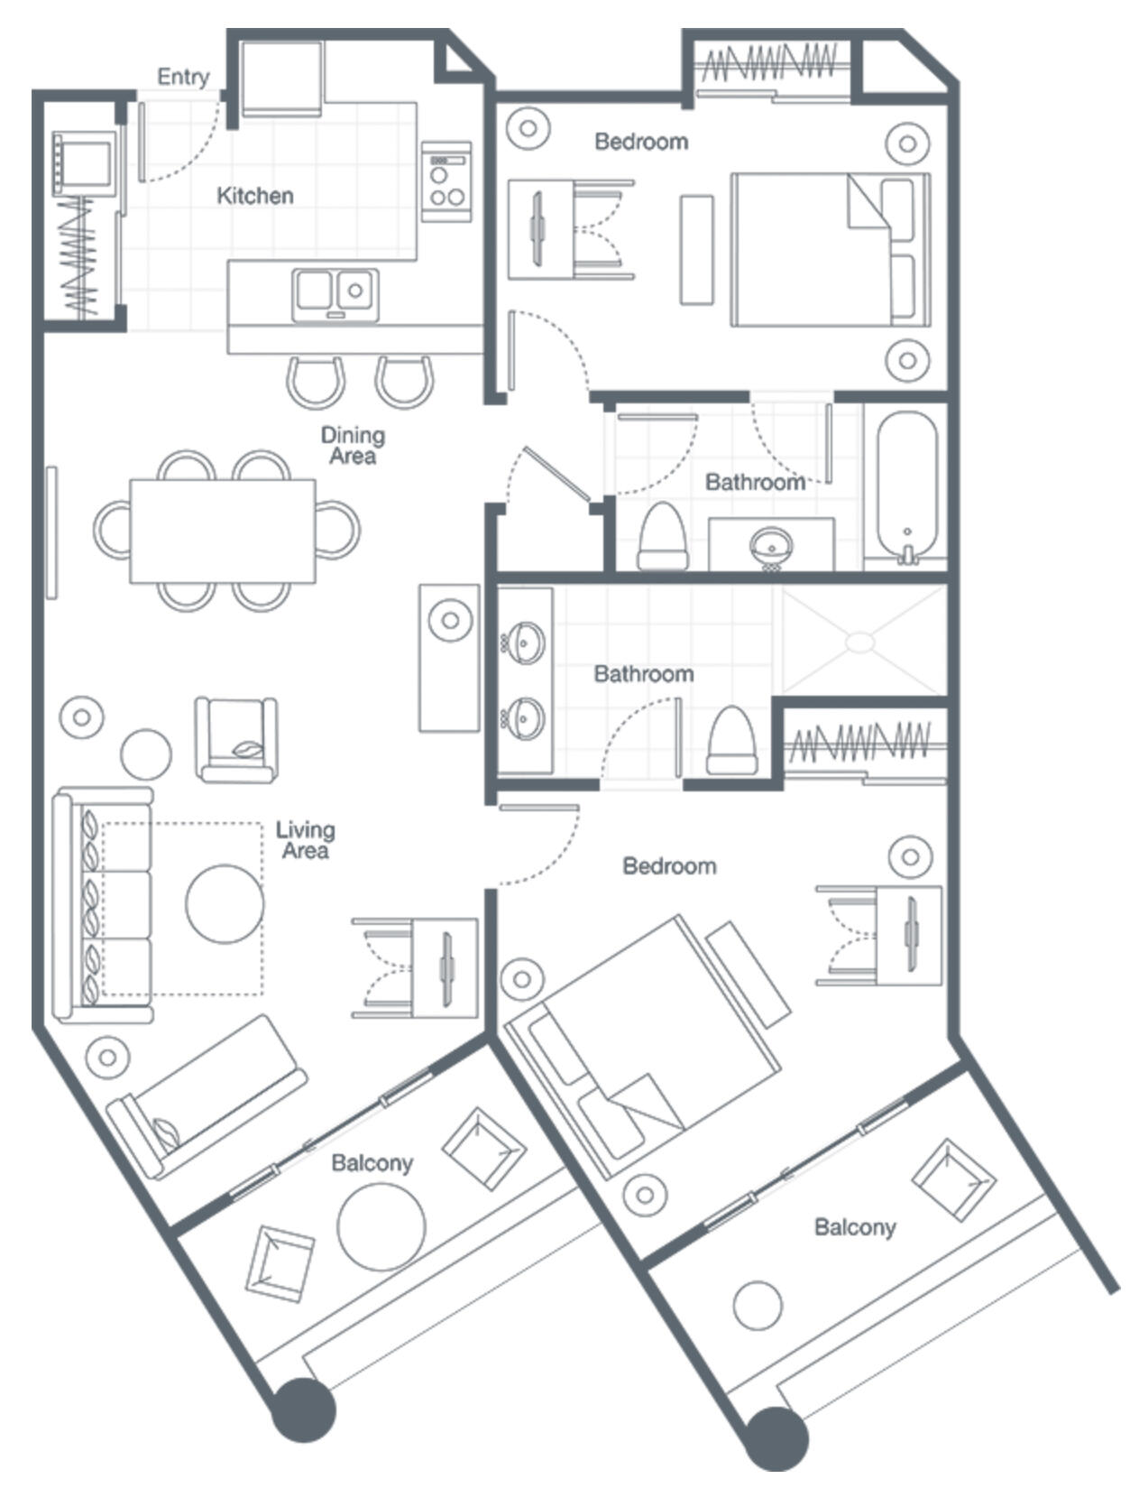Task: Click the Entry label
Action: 183,77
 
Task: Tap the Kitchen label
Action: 255,196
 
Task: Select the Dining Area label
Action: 353,446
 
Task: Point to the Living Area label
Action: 305,840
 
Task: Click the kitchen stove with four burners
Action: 446,180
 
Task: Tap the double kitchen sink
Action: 335,293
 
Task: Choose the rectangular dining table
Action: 223,531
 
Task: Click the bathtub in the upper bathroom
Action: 906,487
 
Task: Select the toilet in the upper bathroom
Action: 662,536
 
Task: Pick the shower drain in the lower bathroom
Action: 860,642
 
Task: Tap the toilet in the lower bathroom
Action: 730,741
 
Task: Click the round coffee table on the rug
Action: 225,904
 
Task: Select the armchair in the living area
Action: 236,739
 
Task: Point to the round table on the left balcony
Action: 381,1226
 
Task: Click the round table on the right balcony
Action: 757,1306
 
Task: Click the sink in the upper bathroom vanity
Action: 771,545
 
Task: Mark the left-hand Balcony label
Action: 372,1163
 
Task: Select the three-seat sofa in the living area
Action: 101,905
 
